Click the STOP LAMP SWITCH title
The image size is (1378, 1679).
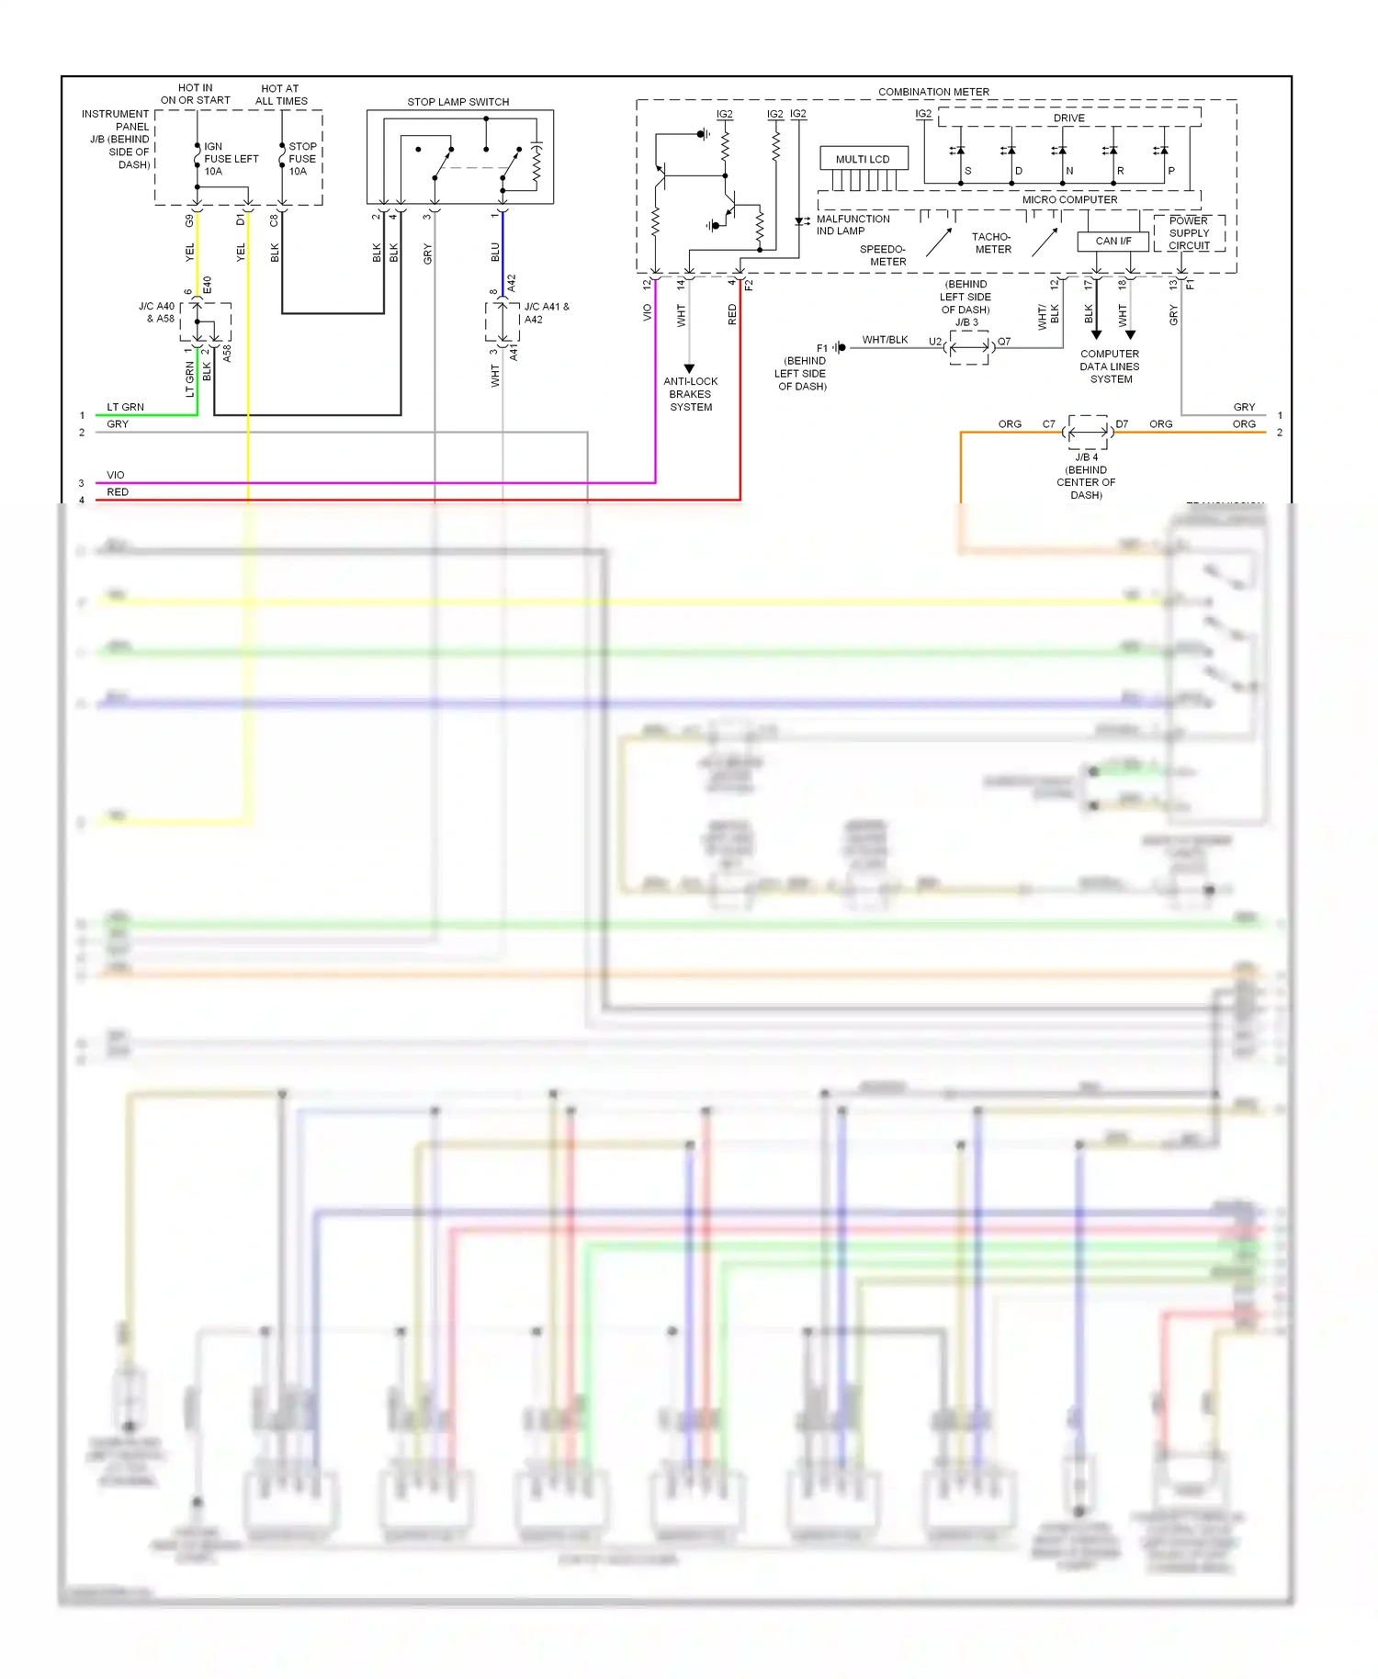(457, 102)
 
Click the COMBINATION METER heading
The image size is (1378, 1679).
(933, 92)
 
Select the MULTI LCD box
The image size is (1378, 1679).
(863, 159)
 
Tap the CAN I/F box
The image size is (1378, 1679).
(1113, 242)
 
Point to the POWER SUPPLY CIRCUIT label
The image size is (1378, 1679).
(1189, 233)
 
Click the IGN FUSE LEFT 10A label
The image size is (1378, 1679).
(230, 159)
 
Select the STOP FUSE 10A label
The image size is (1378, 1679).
(302, 159)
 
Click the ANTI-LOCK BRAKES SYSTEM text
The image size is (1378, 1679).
(690, 394)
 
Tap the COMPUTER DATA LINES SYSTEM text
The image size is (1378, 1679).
(1110, 366)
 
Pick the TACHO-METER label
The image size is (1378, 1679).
(992, 243)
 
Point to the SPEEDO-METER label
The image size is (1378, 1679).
(883, 255)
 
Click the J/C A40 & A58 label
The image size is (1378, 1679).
(156, 312)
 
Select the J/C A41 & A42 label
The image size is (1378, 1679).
(546, 313)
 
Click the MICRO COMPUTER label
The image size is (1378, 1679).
(1069, 199)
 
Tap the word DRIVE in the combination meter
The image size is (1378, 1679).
(1068, 118)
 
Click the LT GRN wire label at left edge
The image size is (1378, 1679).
(125, 407)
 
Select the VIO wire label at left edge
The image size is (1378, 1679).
(115, 475)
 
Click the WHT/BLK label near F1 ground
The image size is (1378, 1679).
(885, 340)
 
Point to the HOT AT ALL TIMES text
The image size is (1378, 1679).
(280, 96)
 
